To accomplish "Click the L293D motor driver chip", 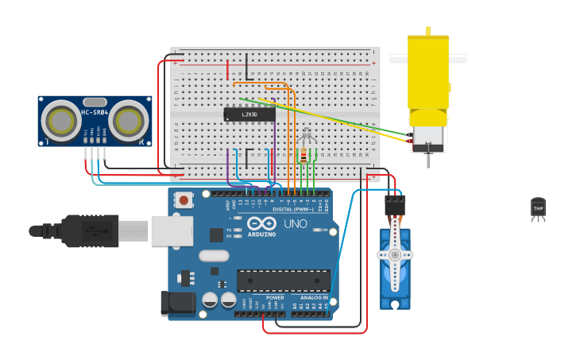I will [x=249, y=114].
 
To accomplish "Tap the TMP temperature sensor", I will [x=538, y=209].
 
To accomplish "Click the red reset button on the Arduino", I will [x=184, y=200].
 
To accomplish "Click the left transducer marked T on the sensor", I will [x=60, y=120].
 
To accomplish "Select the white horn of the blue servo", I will [x=394, y=255].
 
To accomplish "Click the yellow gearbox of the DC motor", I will [x=428, y=72].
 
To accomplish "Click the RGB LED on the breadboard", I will [x=307, y=137].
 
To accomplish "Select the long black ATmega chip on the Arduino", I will [x=284, y=281].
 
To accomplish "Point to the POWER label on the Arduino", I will [x=264, y=298].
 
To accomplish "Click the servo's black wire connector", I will [x=395, y=207].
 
